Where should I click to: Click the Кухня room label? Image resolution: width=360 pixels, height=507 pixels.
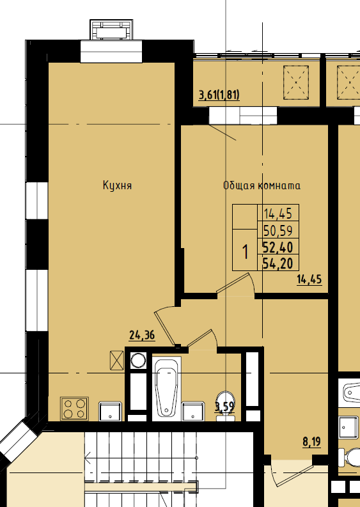pos(117,185)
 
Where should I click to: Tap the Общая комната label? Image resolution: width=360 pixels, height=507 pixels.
pos(262,185)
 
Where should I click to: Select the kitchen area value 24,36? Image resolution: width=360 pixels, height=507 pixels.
pos(142,335)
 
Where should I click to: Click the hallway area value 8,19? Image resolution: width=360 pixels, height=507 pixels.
pos(312,441)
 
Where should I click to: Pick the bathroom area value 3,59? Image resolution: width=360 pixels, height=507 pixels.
pos(224,407)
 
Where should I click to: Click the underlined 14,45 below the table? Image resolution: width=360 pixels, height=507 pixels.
pos(309,279)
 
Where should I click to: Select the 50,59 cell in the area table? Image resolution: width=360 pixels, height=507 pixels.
pos(278,231)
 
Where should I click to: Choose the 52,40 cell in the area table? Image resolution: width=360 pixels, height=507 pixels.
pos(278,247)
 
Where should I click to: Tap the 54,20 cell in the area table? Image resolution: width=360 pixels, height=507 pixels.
pos(278,263)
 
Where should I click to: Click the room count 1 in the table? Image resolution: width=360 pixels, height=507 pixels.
pos(246,252)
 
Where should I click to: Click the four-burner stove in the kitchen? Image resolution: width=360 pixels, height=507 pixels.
pos(74,409)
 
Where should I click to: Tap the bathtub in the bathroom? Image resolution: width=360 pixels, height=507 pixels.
pos(167,389)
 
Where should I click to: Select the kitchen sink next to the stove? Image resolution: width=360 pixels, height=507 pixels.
pos(110,411)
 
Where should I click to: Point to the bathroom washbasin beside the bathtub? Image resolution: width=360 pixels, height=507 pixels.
pos(193,411)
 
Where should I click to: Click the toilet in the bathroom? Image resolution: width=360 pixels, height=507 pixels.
pos(226,406)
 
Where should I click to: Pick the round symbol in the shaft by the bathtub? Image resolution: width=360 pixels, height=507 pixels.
pos(138,361)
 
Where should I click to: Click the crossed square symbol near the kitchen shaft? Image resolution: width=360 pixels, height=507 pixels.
pos(117,360)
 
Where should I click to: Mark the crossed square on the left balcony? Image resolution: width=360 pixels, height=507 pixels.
pos(296,82)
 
